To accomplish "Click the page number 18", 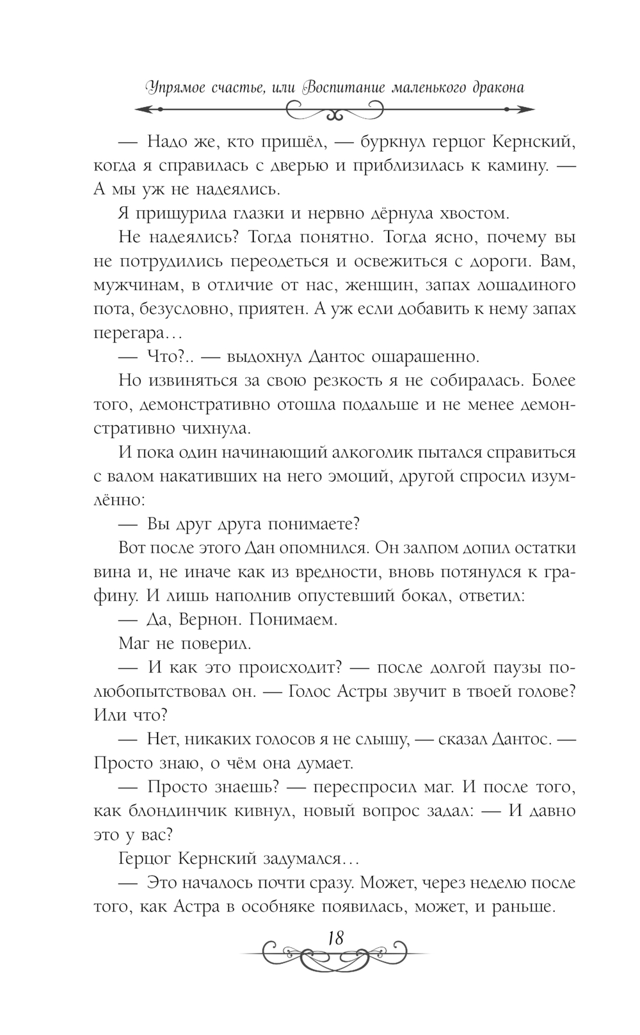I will tap(335, 938).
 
